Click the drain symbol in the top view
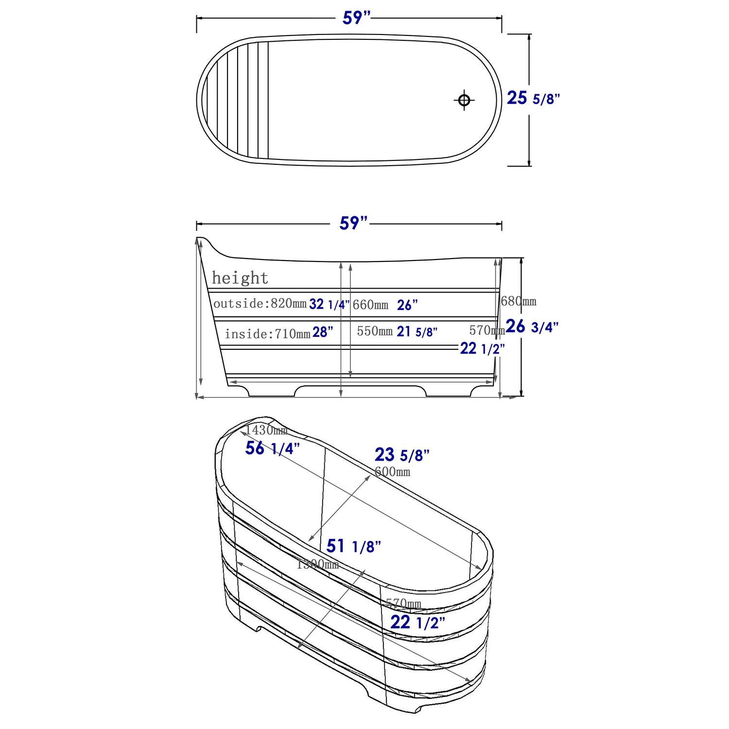coord(464,100)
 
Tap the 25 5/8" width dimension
coord(533,98)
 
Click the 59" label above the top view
coord(356,18)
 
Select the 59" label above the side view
coord(353,224)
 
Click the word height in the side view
coord(240,278)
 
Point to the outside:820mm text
coord(260,304)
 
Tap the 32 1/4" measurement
coord(329,305)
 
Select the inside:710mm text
coord(267,334)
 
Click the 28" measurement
coord(323,332)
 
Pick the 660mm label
coord(370,305)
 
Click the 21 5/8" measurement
coord(417,332)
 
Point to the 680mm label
coord(519,301)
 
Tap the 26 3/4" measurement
coord(532,327)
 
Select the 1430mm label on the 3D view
coord(266,430)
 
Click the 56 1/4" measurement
coord(272,448)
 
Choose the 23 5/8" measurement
coord(401,455)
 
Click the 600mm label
coord(392,471)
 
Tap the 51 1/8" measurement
coord(353,546)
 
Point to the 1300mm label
coord(317,565)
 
